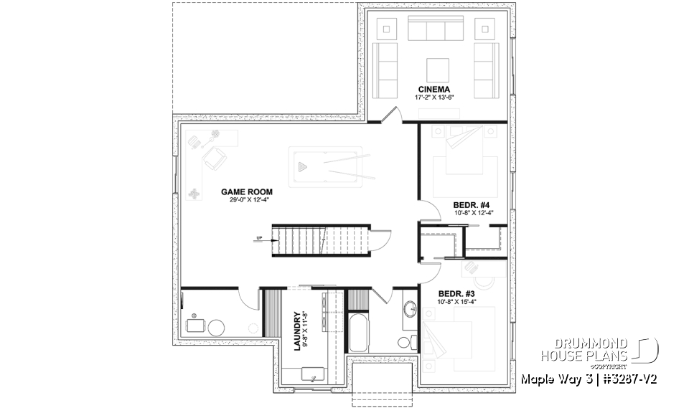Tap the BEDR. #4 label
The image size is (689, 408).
[x=474, y=203]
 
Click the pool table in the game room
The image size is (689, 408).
[x=331, y=166]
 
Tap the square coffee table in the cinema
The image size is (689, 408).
[x=438, y=70]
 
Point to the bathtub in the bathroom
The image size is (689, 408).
[x=358, y=331]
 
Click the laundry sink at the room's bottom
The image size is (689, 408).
[x=312, y=374]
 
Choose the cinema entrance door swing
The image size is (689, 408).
[x=391, y=115]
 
